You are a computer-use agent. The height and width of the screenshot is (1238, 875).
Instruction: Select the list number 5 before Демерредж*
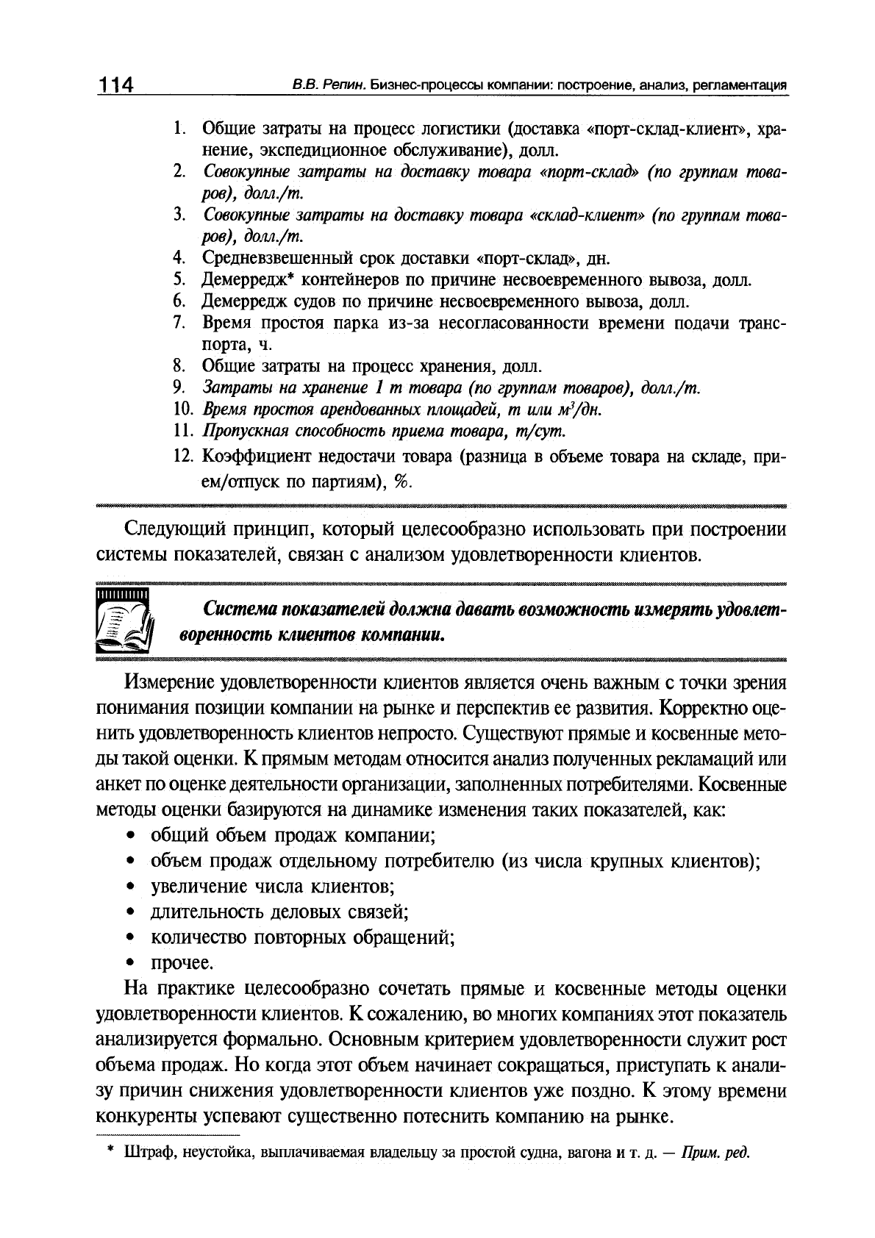(x=178, y=280)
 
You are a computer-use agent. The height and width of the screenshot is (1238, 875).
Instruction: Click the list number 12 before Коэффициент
(x=182, y=457)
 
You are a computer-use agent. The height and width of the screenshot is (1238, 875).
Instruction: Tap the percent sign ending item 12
(x=401, y=480)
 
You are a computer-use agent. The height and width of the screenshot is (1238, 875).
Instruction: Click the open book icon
(x=124, y=622)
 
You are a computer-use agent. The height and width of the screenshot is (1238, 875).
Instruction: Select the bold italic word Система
(x=238, y=610)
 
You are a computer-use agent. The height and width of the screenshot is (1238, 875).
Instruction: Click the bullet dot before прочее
(x=130, y=963)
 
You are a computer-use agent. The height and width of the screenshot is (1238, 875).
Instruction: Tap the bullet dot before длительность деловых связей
(x=130, y=913)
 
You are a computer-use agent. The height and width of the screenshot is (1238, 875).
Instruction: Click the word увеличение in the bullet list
(x=196, y=887)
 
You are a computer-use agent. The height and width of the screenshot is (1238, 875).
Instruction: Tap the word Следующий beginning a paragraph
(x=174, y=529)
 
